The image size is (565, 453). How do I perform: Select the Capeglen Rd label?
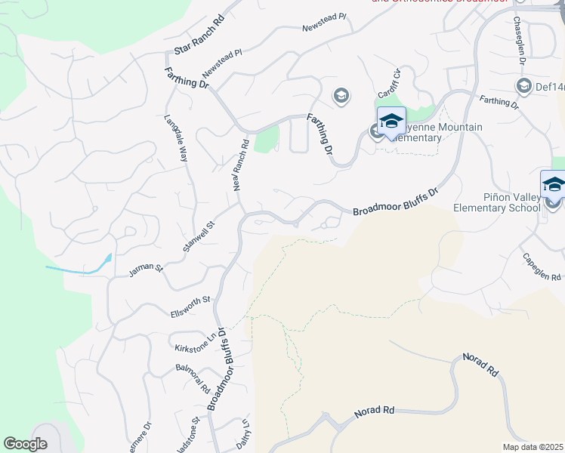click(542, 266)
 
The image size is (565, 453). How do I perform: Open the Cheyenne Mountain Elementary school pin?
click(391, 121)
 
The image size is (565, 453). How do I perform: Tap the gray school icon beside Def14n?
click(523, 86)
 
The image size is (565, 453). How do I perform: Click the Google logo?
click(25, 444)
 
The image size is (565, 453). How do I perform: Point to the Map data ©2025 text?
click(532, 447)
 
